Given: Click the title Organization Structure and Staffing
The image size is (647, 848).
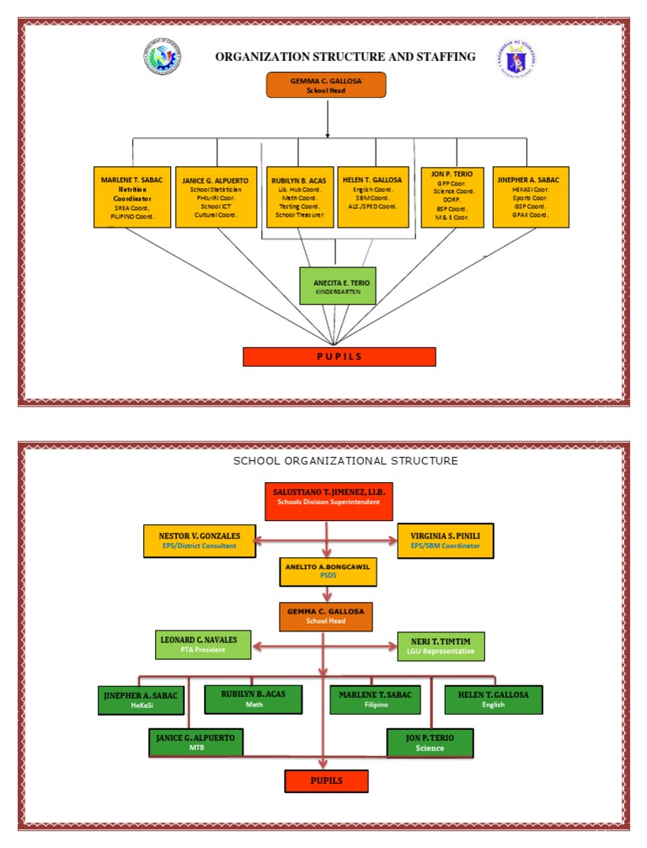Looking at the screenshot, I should click(345, 57).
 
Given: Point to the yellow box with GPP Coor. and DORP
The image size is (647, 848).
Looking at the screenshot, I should click(452, 197).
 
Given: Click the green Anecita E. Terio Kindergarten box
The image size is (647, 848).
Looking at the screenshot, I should click(337, 285).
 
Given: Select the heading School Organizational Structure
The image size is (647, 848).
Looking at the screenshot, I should click(345, 461).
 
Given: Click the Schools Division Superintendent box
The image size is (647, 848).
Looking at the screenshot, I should click(329, 496).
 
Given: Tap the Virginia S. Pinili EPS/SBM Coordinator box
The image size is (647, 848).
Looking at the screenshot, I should click(445, 540).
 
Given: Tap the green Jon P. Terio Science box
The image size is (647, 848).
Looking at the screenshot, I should click(430, 743).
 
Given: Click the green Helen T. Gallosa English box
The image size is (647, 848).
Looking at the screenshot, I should click(494, 700).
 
